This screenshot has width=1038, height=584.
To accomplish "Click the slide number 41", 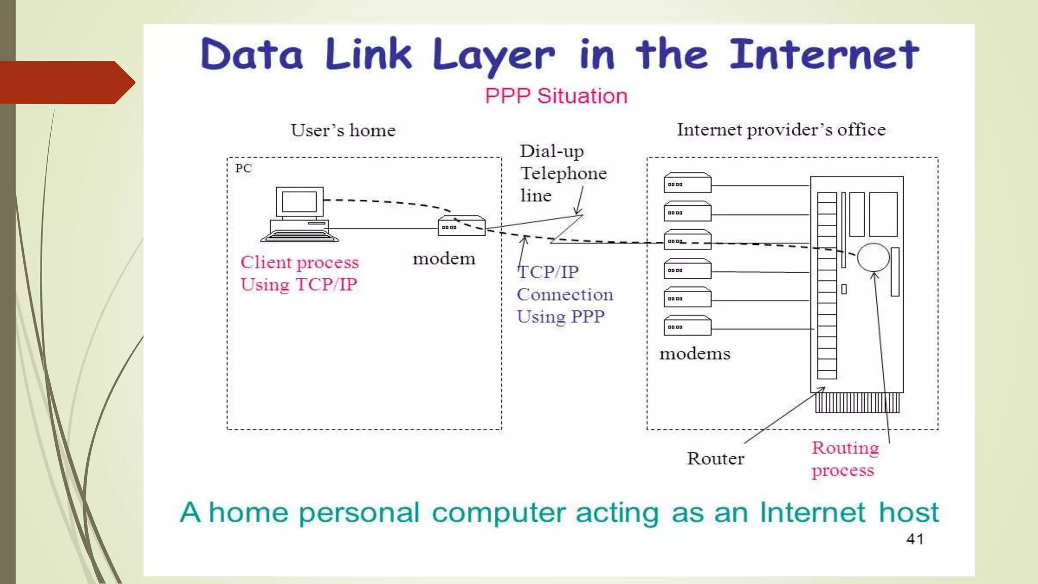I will point(915,539).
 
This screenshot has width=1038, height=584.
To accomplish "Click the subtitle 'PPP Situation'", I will point(556,96).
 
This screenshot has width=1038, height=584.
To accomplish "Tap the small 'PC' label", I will point(243,168).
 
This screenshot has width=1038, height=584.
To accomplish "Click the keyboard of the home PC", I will point(300,236).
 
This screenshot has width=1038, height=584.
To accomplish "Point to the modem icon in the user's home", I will point(461,226).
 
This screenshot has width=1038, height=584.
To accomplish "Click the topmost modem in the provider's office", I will point(687,183).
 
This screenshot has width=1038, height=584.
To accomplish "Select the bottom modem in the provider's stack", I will point(687,326).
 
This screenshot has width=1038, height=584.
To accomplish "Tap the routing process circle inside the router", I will point(873,258).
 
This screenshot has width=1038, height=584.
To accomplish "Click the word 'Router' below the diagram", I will point(716,459).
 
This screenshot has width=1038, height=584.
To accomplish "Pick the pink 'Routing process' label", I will point(844,459).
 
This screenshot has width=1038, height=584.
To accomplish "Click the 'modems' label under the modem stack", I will point(694,354).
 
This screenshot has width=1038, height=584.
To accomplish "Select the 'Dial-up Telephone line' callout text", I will point(563,173).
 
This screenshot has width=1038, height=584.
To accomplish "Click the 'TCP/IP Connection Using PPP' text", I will point(564,295).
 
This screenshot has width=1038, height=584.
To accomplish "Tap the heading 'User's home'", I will point(343,131).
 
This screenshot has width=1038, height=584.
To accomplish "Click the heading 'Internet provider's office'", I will point(781,130).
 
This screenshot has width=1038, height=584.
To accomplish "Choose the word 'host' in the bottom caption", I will point(908,513).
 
